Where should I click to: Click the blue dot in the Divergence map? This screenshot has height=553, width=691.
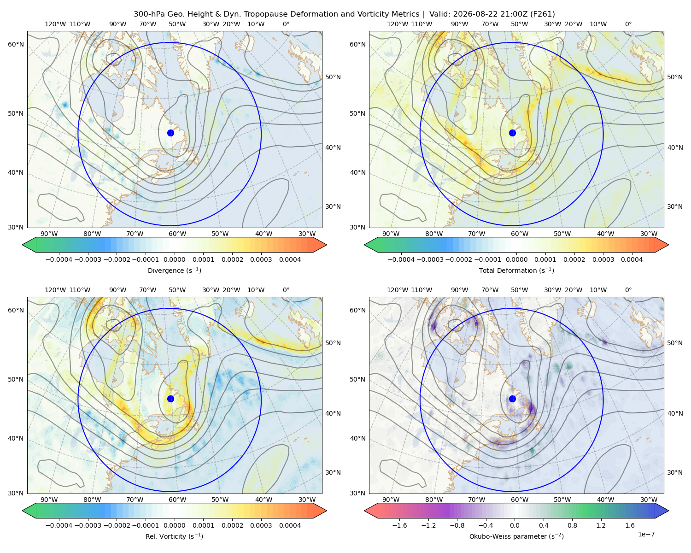170,133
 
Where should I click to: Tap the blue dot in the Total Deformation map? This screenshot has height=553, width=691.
512,133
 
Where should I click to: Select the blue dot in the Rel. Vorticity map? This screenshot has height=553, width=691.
170,399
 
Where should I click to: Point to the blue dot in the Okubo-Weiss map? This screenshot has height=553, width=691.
512,399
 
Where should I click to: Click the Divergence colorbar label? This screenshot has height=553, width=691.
174,270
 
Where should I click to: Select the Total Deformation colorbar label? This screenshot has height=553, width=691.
516,270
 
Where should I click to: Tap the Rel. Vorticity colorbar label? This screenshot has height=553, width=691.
174,536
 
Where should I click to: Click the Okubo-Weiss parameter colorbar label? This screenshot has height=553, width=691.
516,536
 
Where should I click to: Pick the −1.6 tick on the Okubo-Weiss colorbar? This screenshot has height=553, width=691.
399,525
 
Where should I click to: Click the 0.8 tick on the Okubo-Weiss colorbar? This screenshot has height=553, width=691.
572,525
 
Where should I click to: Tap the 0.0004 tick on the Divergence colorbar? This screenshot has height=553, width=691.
290,259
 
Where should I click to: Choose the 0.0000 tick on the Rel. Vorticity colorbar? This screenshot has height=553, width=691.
174,525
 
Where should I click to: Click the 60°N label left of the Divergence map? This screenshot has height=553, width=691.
16,44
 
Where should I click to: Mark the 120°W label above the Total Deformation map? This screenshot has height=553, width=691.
397,24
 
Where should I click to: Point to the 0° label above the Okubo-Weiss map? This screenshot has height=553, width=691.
628,290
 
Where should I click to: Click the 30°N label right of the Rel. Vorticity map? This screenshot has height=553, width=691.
333,472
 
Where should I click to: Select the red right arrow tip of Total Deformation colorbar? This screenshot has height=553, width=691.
668,245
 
